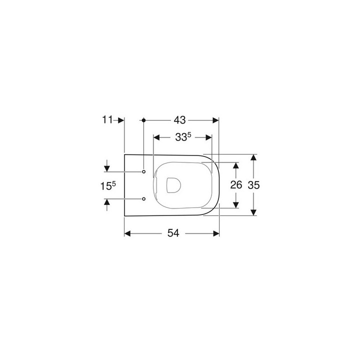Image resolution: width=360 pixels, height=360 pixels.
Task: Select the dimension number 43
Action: pos(180,120)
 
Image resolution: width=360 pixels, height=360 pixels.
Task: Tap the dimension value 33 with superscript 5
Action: pos(183,137)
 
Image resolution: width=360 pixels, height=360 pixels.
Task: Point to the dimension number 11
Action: pos(107,120)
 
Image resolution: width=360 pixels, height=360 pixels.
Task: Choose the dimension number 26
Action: pos(236,185)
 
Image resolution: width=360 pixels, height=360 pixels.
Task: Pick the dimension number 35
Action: pos(254,185)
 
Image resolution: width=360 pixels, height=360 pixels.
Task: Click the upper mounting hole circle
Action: pos(144,172)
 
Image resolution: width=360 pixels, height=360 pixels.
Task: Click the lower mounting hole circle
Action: pos(144,198)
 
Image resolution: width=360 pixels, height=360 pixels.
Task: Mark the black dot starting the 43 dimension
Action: pos(144,120)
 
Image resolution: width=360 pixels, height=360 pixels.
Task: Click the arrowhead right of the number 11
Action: pos(120,120)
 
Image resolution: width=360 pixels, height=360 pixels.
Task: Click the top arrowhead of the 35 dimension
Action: pos(254,157)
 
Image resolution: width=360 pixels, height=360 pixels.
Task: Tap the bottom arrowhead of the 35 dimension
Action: pos(254,212)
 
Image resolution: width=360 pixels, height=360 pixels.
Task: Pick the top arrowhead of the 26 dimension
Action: pos(236,165)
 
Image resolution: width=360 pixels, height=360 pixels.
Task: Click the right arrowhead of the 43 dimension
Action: pos(216,120)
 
